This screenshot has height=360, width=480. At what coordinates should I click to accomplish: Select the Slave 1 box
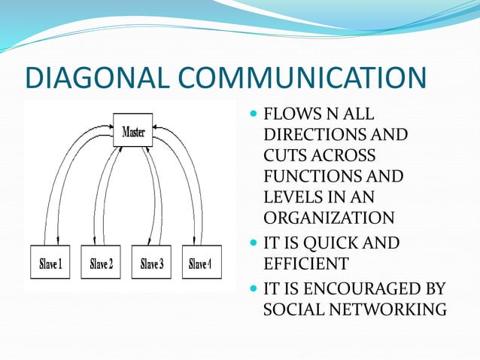[50, 264]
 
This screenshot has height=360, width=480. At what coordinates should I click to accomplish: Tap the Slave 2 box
[101, 264]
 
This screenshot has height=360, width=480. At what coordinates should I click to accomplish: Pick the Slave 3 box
[150, 264]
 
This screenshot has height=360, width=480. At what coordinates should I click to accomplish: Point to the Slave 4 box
[200, 264]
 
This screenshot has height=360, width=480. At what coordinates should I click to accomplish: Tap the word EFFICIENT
[305, 264]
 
